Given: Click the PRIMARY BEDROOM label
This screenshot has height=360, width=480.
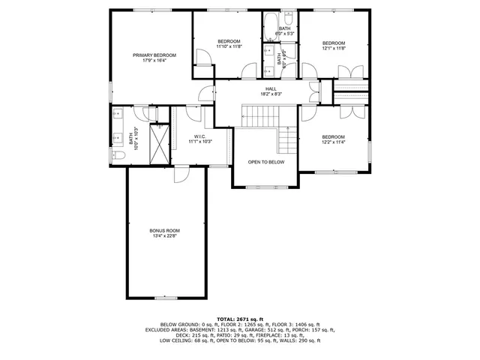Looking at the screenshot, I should (154, 55).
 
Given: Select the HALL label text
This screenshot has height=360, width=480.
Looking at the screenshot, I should (260, 88).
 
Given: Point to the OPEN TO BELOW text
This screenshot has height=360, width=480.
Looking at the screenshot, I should (266, 161).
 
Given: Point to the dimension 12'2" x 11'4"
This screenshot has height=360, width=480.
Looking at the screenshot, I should (334, 142).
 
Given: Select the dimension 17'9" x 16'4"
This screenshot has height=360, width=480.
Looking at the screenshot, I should (154, 61).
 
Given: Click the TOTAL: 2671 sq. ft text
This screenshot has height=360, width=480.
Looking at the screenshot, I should (240, 319).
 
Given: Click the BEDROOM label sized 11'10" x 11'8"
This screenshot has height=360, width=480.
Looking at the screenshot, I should (229, 40).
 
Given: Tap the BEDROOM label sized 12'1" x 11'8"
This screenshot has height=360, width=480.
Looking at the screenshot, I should (334, 43).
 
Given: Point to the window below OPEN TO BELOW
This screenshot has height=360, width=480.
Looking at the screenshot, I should (266, 187).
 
